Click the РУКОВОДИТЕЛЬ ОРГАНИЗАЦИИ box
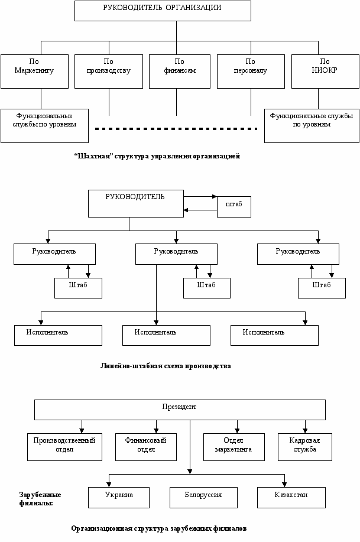(x=163, y=11)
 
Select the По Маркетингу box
(x=35, y=71)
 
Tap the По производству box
(x=109, y=71)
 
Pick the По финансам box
(x=180, y=71)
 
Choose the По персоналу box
(x=251, y=71)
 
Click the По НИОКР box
(x=325, y=71)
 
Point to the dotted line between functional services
(x=176, y=129)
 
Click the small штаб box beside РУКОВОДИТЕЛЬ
(x=234, y=207)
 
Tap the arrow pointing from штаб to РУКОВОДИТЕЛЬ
(x=200, y=210)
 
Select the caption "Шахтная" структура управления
(x=157, y=156)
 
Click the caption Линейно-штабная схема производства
(x=166, y=366)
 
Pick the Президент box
(x=180, y=410)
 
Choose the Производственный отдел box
(x=64, y=447)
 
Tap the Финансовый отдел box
(x=146, y=447)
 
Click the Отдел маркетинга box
(x=233, y=447)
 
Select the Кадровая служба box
(x=305, y=447)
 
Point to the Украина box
(x=119, y=498)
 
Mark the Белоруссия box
(x=203, y=498)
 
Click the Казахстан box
(x=291, y=498)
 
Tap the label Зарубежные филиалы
(x=40, y=499)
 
